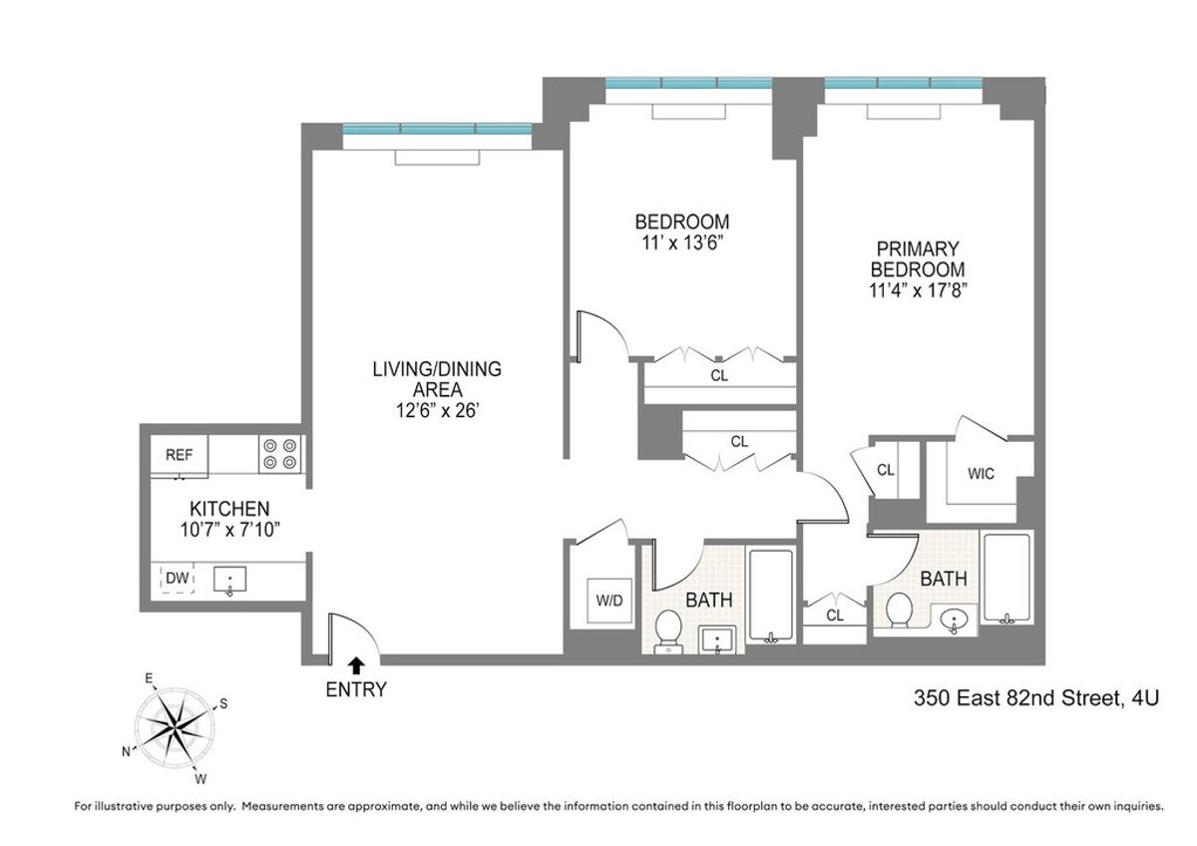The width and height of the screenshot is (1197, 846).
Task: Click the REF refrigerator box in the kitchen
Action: point(180,455)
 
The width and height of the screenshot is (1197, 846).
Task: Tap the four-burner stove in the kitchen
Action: point(280,453)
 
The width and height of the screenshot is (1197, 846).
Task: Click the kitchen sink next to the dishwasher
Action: point(230,580)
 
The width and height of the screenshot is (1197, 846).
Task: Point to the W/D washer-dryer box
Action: point(608,601)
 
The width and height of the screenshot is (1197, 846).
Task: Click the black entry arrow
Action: point(356,663)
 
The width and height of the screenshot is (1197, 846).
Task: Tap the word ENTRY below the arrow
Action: point(356,688)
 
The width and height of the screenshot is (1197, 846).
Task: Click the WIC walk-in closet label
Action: point(981,474)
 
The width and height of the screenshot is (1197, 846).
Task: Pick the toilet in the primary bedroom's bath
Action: point(900,610)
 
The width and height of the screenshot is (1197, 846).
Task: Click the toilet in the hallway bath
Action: point(667,631)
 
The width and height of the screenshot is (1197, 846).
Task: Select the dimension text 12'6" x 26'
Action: point(436,408)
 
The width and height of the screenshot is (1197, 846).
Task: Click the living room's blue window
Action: point(437,130)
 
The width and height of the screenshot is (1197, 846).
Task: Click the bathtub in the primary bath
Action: point(1009,581)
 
